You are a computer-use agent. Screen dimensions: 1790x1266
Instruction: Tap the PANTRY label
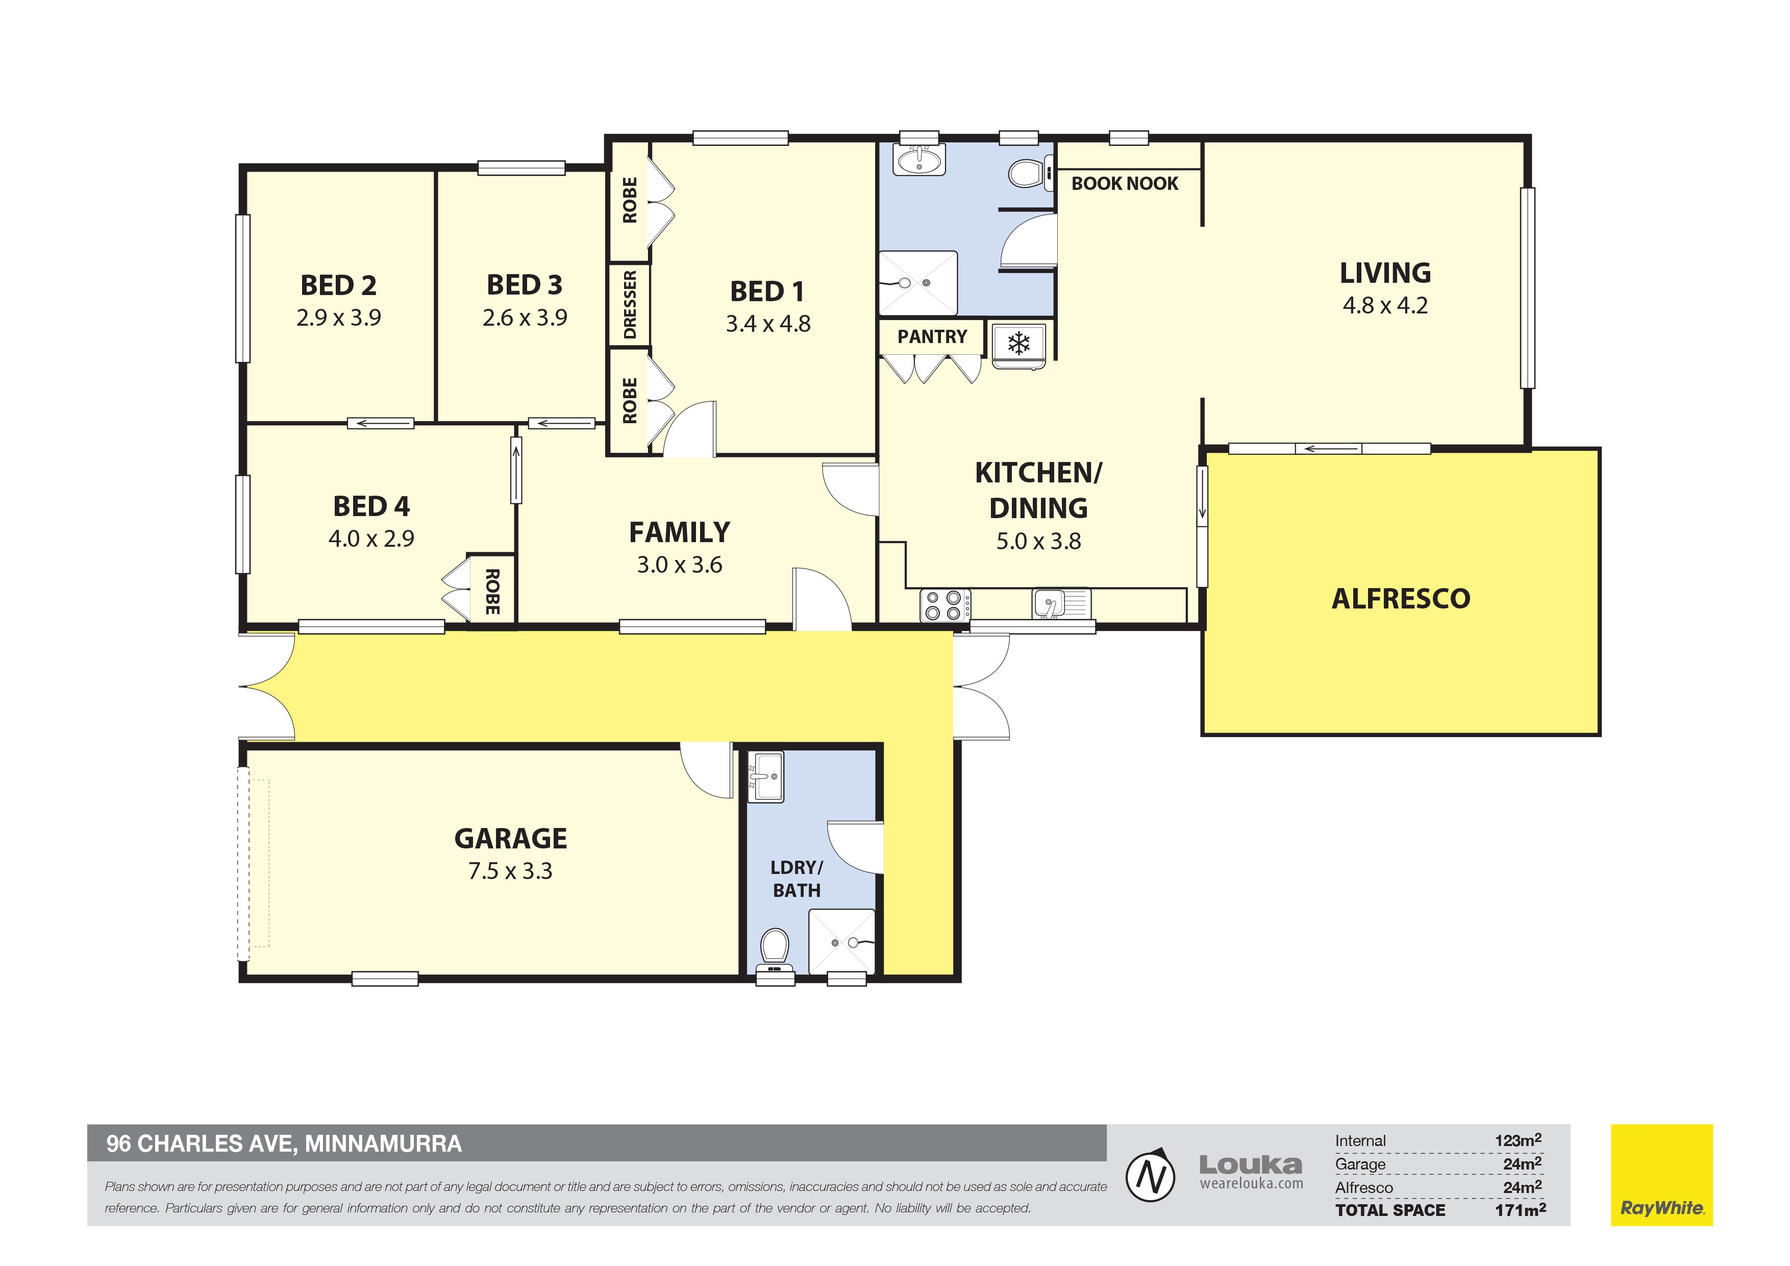pyautogui.click(x=932, y=336)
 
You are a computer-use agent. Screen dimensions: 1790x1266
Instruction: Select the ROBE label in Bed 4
pyautogui.click(x=492, y=591)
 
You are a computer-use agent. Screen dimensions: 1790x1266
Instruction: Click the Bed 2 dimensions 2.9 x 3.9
pyautogui.click(x=338, y=318)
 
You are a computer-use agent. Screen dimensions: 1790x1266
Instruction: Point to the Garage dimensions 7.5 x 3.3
pyautogui.click(x=510, y=870)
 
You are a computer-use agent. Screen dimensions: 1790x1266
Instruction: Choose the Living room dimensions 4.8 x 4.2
pyautogui.click(x=1385, y=305)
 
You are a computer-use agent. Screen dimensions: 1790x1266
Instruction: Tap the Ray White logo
pyautogui.click(x=1661, y=1175)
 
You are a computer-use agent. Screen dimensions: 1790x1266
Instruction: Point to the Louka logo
pyautogui.click(x=1251, y=1172)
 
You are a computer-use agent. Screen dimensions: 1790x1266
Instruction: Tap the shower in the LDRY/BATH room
pyautogui.click(x=841, y=941)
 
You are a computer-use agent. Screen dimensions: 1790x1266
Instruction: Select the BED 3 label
pyautogui.click(x=524, y=285)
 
